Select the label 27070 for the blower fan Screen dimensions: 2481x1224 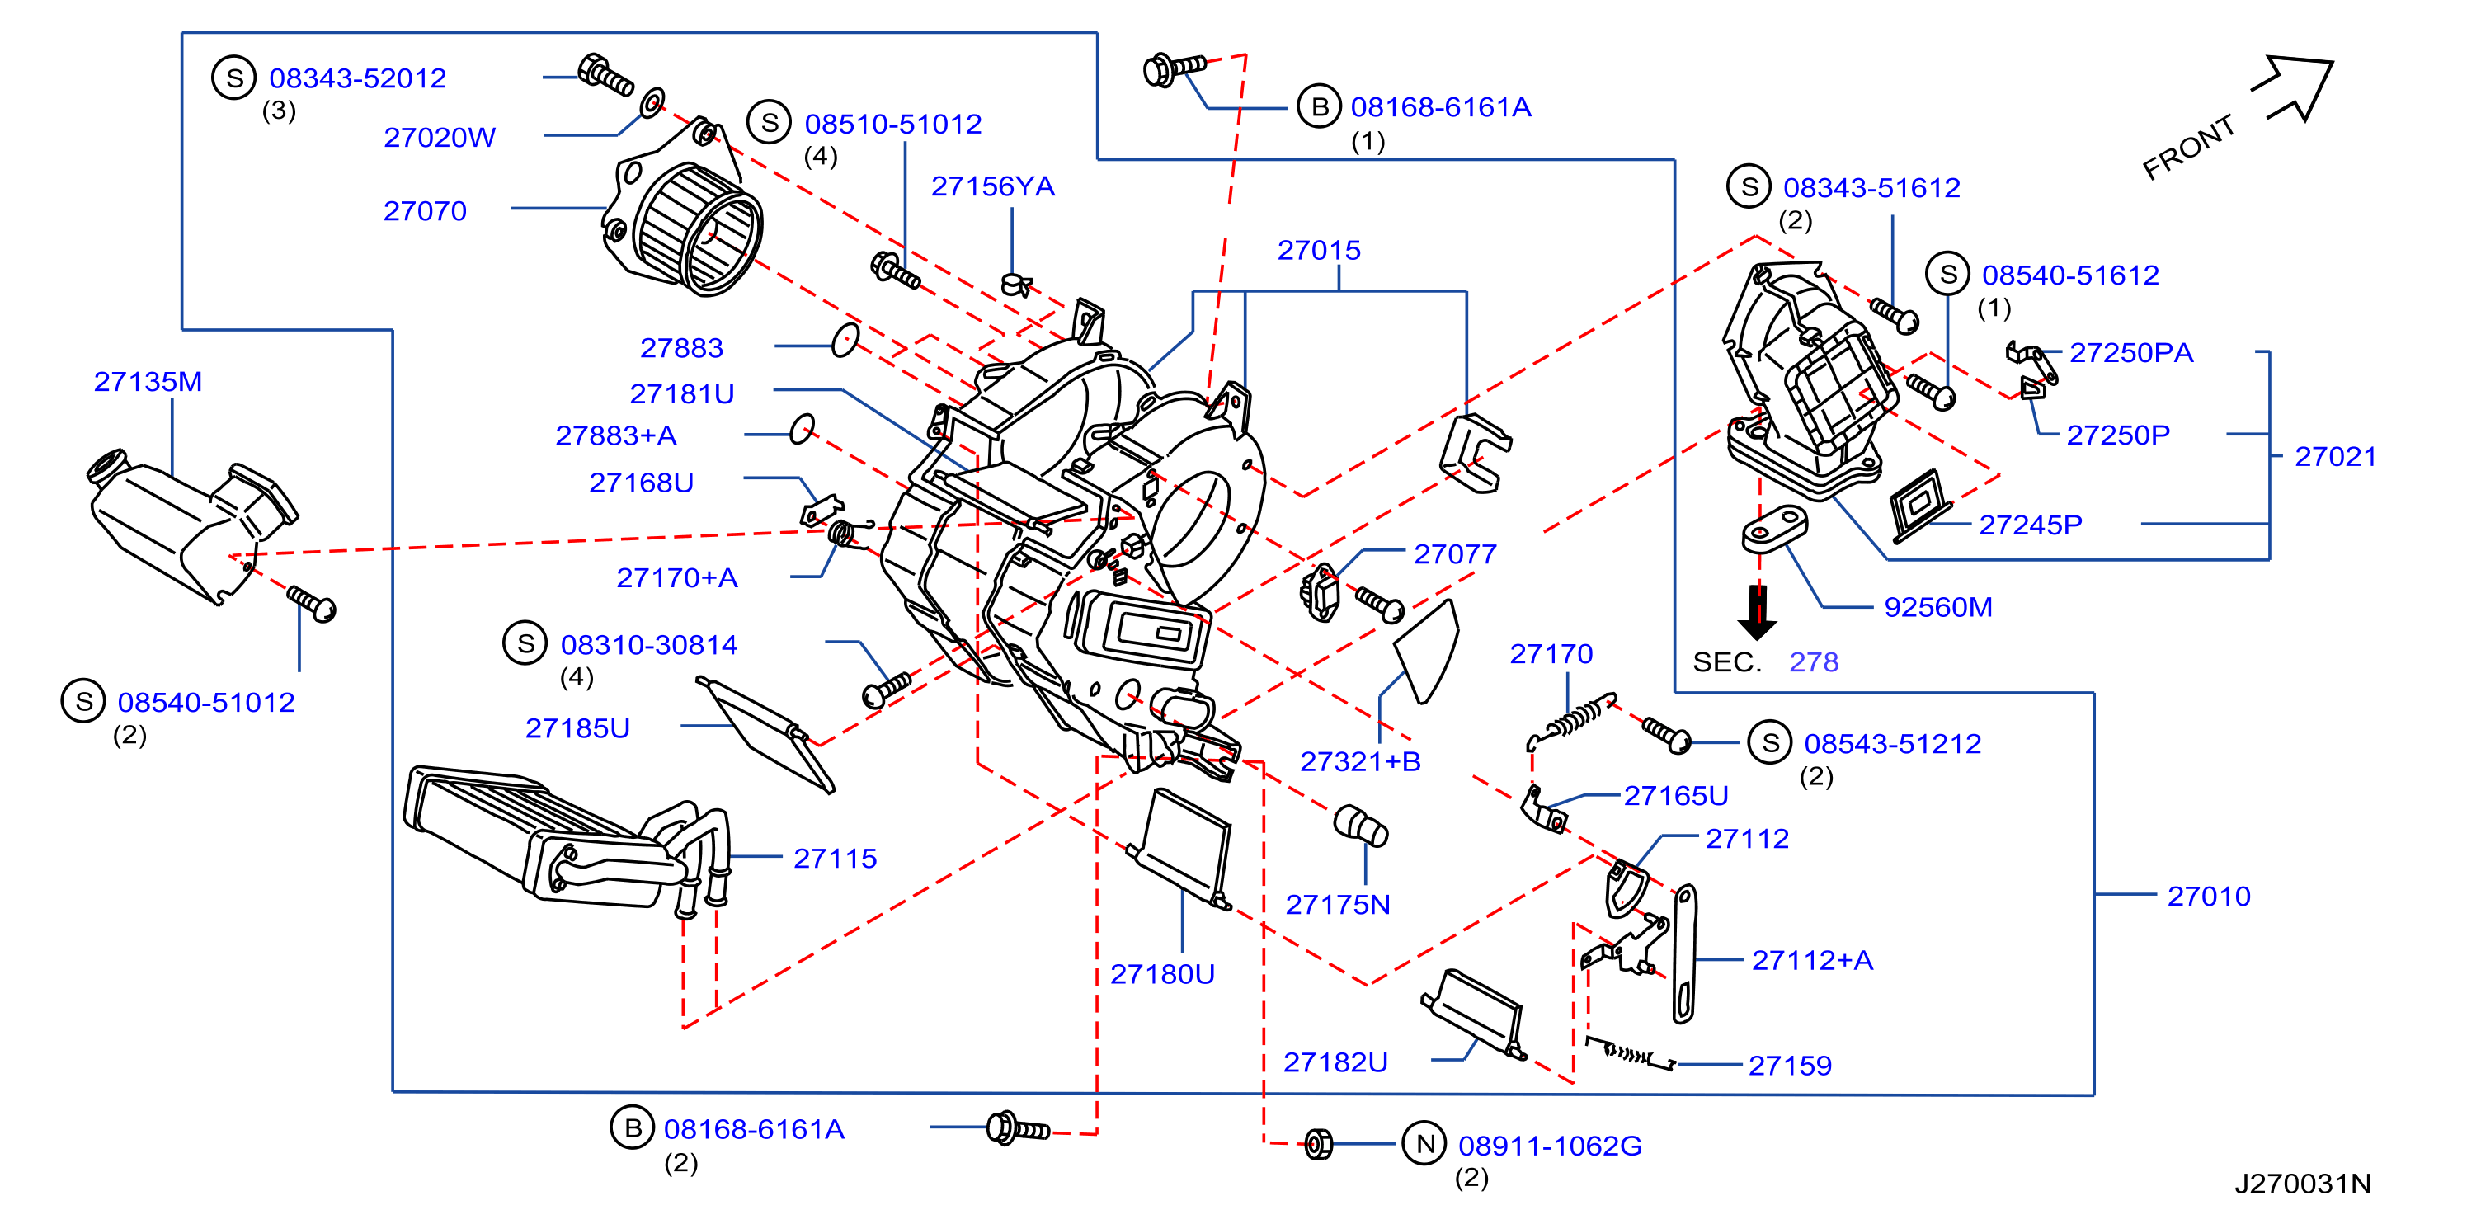(425, 211)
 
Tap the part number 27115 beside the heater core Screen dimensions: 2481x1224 (835, 858)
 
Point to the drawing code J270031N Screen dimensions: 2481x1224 (2303, 1184)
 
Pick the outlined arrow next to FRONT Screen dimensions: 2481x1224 (2294, 88)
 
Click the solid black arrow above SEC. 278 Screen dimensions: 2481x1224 (1758, 613)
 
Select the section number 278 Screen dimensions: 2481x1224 (1814, 661)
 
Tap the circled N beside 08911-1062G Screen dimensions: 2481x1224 (1424, 1143)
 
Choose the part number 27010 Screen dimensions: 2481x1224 (2209, 896)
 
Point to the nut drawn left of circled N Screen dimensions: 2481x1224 (1319, 1143)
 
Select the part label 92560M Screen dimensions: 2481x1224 (1937, 607)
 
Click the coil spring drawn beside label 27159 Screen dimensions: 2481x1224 (1630, 1052)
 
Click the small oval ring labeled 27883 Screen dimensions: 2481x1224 (845, 339)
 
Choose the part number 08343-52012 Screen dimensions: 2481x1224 (357, 78)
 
